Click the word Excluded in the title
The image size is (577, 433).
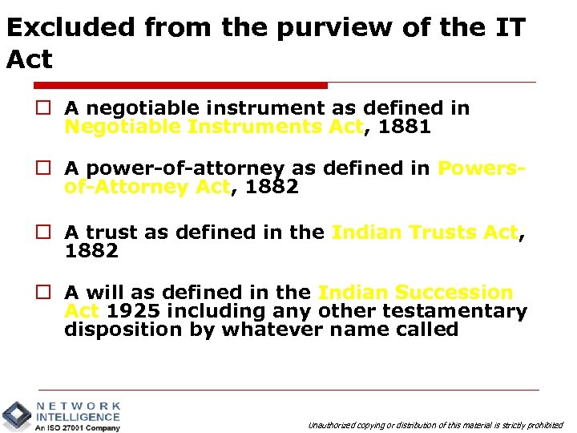(x=71, y=28)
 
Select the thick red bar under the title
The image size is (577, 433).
(x=167, y=85)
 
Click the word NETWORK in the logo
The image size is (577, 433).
(x=79, y=407)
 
